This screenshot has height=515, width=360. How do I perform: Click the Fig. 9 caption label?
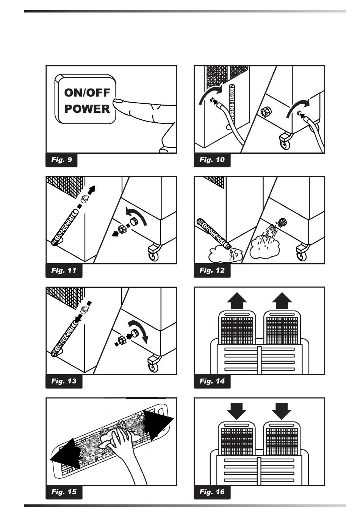(61, 160)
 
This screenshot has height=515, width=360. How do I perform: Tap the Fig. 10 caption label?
(212, 160)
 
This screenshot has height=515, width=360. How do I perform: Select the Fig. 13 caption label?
(64, 381)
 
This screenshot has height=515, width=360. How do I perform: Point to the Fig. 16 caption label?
(212, 492)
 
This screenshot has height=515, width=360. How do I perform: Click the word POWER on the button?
(87, 109)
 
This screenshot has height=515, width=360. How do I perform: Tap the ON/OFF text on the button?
(87, 92)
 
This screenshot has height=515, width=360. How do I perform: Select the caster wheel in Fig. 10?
(285, 145)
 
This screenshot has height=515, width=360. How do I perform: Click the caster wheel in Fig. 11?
(153, 256)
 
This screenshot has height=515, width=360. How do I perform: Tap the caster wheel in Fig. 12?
(302, 256)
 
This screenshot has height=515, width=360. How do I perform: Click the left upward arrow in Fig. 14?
(237, 301)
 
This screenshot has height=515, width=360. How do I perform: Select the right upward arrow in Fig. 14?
(282, 301)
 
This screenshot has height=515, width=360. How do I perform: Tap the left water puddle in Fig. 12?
(224, 254)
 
